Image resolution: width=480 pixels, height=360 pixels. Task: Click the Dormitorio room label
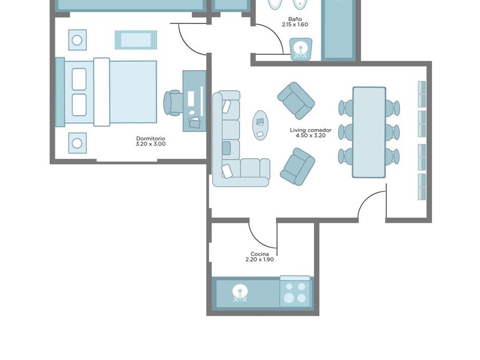pos(151,138)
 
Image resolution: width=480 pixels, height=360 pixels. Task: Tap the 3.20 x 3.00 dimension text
pos(151,144)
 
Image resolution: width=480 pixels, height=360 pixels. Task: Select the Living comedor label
pos(310,130)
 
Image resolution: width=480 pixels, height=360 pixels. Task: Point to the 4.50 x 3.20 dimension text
pos(310,135)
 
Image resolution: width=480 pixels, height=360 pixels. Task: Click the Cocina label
pos(259,254)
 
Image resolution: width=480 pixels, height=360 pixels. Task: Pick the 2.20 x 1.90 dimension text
pos(259,259)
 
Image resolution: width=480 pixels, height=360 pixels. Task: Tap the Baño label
pos(295,19)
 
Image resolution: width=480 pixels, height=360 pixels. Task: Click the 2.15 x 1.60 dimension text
pos(295,25)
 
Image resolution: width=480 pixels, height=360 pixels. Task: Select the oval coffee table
pos(260,126)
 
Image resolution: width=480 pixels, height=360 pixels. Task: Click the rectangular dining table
pos(369,132)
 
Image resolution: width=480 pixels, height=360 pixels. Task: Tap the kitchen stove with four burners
pos(295,292)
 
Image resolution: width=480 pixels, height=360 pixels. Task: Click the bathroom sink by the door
pos(301,49)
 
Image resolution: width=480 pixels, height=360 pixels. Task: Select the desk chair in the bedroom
pos(173,103)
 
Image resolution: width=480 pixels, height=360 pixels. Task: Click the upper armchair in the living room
pos(296,101)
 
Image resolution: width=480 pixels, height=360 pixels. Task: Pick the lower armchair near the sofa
pos(298,167)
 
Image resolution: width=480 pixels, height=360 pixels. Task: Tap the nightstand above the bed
pos(78,40)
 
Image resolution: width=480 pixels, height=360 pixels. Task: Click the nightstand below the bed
pos(78,143)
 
